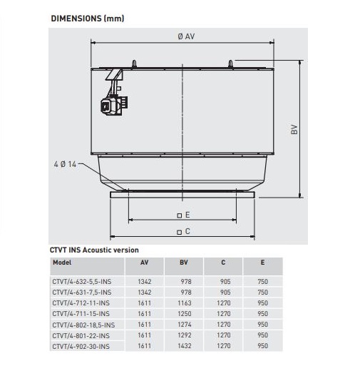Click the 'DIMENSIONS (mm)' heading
(x=88, y=19)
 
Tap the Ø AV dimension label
(x=186, y=36)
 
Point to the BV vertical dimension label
(x=294, y=129)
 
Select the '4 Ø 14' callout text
(x=65, y=164)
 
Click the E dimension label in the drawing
(x=184, y=215)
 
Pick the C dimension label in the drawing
(x=184, y=231)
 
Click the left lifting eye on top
(x=134, y=63)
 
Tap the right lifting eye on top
(x=230, y=63)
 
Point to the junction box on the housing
(x=114, y=105)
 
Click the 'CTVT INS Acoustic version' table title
(x=94, y=250)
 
